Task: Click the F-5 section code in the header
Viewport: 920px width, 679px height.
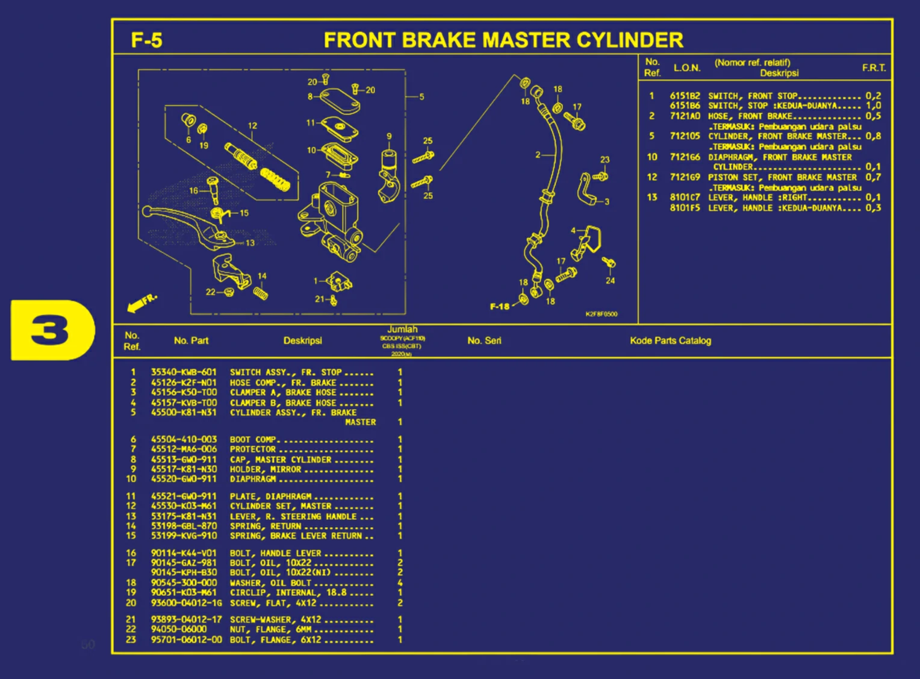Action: point(146,40)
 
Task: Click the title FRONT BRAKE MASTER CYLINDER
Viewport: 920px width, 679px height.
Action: point(503,40)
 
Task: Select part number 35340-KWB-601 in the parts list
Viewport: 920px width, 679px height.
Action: point(184,372)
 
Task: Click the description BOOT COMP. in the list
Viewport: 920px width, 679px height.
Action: point(253,440)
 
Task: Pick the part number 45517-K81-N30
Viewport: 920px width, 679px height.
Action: point(184,469)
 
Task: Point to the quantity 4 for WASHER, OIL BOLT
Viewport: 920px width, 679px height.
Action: point(400,583)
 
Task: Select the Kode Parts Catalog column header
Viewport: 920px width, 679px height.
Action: point(670,341)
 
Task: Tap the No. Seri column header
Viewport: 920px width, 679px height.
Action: point(484,341)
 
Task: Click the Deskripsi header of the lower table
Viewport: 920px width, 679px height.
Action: point(302,341)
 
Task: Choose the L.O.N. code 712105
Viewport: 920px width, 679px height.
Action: point(685,136)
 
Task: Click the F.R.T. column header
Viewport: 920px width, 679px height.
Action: point(873,67)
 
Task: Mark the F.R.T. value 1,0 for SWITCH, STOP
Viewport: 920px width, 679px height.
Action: point(873,106)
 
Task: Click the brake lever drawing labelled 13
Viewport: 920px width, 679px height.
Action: point(187,226)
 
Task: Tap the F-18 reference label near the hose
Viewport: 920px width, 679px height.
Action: point(499,307)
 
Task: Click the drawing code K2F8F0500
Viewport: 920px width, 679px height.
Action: point(601,314)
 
